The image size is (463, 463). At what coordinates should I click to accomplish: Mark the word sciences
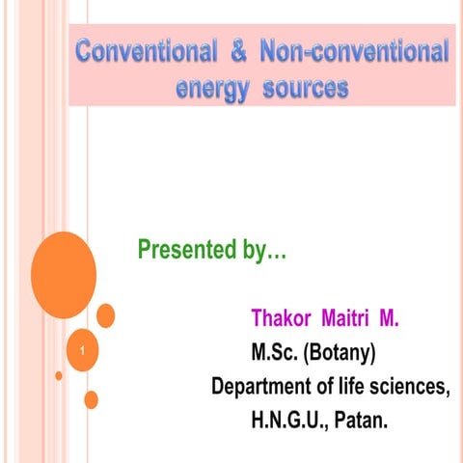[x=412, y=388]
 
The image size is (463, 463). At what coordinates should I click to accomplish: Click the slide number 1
[x=83, y=362]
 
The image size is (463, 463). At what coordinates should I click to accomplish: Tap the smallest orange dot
[x=59, y=375]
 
